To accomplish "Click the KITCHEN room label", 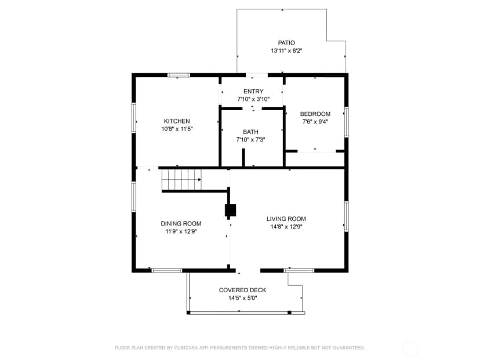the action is tap(177, 121).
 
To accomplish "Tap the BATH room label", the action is tap(250, 132).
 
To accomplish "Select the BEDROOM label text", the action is tap(315, 114).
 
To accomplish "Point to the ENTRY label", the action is tap(253, 91).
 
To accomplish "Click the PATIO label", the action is tap(286, 43).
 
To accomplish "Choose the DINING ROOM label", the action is tap(181, 224).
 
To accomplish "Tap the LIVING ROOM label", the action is tap(286, 219).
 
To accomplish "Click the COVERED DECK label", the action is tap(242, 290).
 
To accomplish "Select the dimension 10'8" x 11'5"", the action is tap(177, 129).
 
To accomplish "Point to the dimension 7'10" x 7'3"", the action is tap(250, 140).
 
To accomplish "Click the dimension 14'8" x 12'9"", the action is tap(286, 227).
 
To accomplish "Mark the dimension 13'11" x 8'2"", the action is tap(286, 51).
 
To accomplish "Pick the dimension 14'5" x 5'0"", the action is tap(242, 298).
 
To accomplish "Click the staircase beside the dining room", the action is tap(181, 180).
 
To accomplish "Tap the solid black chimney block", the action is tap(231, 210).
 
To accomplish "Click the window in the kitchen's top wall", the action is tap(179, 75).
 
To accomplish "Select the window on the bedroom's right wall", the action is tap(346, 122).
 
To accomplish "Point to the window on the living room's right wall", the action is tap(346, 216).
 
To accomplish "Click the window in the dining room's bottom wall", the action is tap(167, 271).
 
